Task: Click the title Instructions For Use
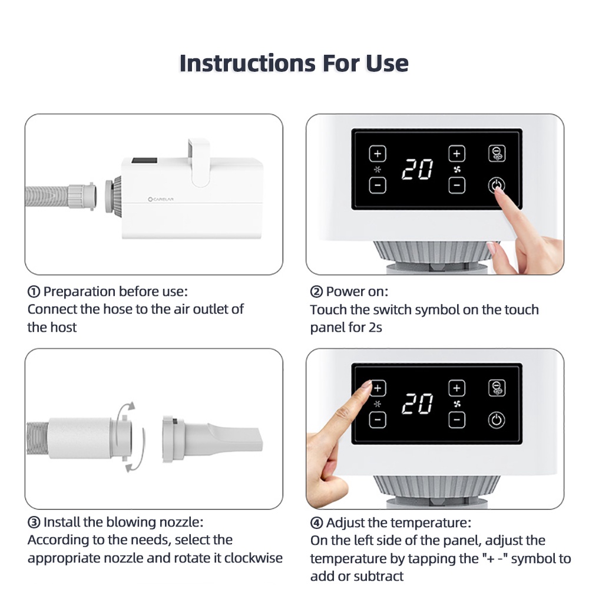(x=294, y=63)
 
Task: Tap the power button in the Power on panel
(x=496, y=185)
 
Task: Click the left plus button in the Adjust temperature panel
(x=378, y=388)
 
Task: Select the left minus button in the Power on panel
(x=378, y=185)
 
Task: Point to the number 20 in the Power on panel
(x=418, y=169)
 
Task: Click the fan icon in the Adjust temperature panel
(x=457, y=404)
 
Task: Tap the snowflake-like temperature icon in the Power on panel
(x=378, y=170)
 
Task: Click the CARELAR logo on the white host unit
(x=161, y=199)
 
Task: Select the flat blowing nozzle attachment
(x=213, y=439)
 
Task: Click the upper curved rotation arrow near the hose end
(x=124, y=411)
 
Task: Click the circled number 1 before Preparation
(x=34, y=292)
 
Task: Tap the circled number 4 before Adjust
(x=316, y=522)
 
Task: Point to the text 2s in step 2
(x=375, y=327)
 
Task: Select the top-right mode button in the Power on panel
(x=497, y=154)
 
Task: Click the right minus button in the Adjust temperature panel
(x=457, y=419)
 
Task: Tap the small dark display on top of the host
(x=144, y=160)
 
